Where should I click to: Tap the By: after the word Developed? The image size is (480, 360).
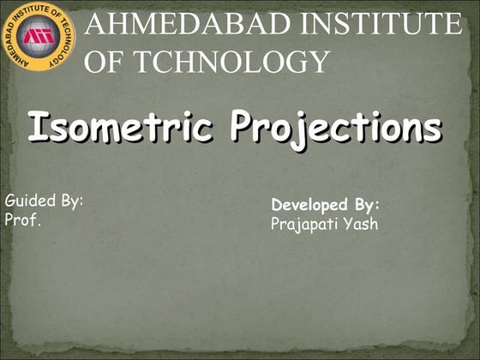(365, 207)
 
